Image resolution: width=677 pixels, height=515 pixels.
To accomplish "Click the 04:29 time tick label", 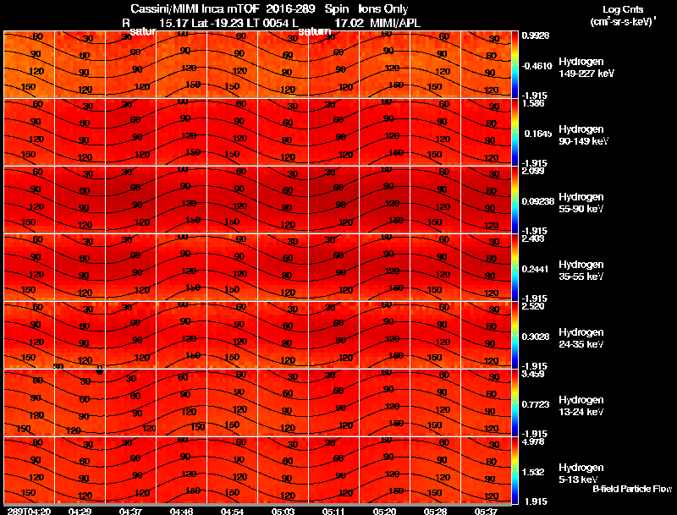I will click(80, 511).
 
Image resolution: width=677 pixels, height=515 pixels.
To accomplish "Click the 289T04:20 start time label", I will click(28, 511).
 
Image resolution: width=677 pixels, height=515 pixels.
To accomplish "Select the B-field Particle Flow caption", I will click(631, 489).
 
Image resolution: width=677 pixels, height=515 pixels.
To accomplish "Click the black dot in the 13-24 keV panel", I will click(100, 370).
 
